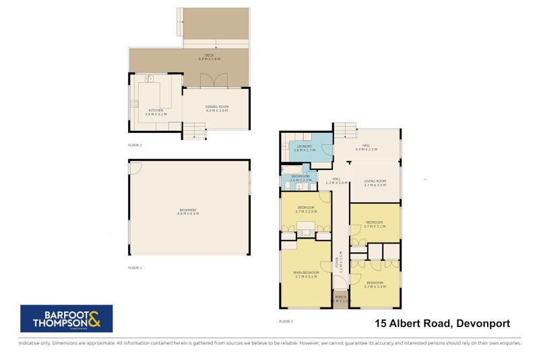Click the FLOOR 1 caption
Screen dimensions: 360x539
pyautogui.click(x=135, y=268)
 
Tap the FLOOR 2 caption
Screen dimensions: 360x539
pyautogui.click(x=135, y=145)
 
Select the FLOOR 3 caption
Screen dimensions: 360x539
pyautogui.click(x=286, y=321)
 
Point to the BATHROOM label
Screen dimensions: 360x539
pyautogui.click(x=300, y=177)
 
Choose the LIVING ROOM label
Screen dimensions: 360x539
pyautogui.click(x=375, y=183)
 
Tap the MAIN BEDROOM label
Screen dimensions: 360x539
pyautogui.click(x=306, y=274)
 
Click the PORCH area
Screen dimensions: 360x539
pyautogui.click(x=341, y=300)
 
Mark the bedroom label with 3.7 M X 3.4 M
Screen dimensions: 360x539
pyautogui.click(x=374, y=284)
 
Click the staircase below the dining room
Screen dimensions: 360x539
pyautogui.click(x=195, y=130)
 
